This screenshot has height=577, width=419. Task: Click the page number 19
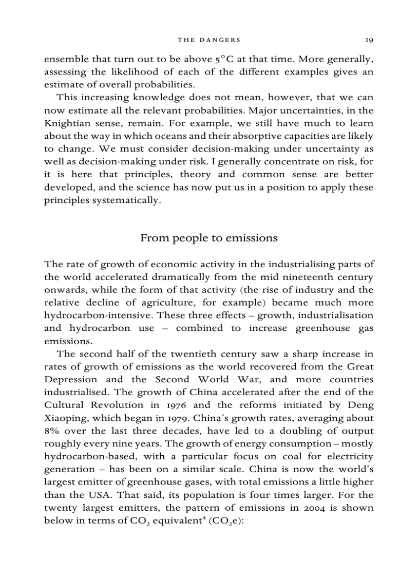pos(369,40)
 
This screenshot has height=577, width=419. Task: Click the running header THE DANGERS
pos(209,40)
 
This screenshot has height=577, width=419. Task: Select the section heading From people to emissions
pos(209,238)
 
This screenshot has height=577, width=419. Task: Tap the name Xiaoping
pos(65,418)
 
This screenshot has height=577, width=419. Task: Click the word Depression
pos(70,379)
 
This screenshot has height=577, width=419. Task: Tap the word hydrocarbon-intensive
pos(99,315)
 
